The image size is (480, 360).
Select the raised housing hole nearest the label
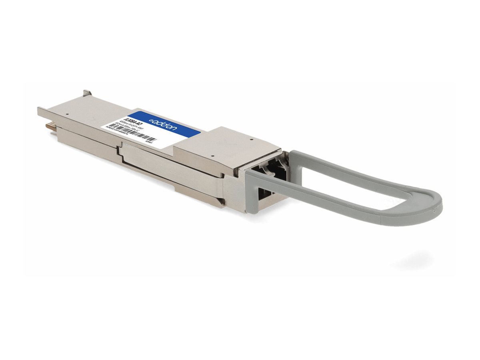pos(213,156)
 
